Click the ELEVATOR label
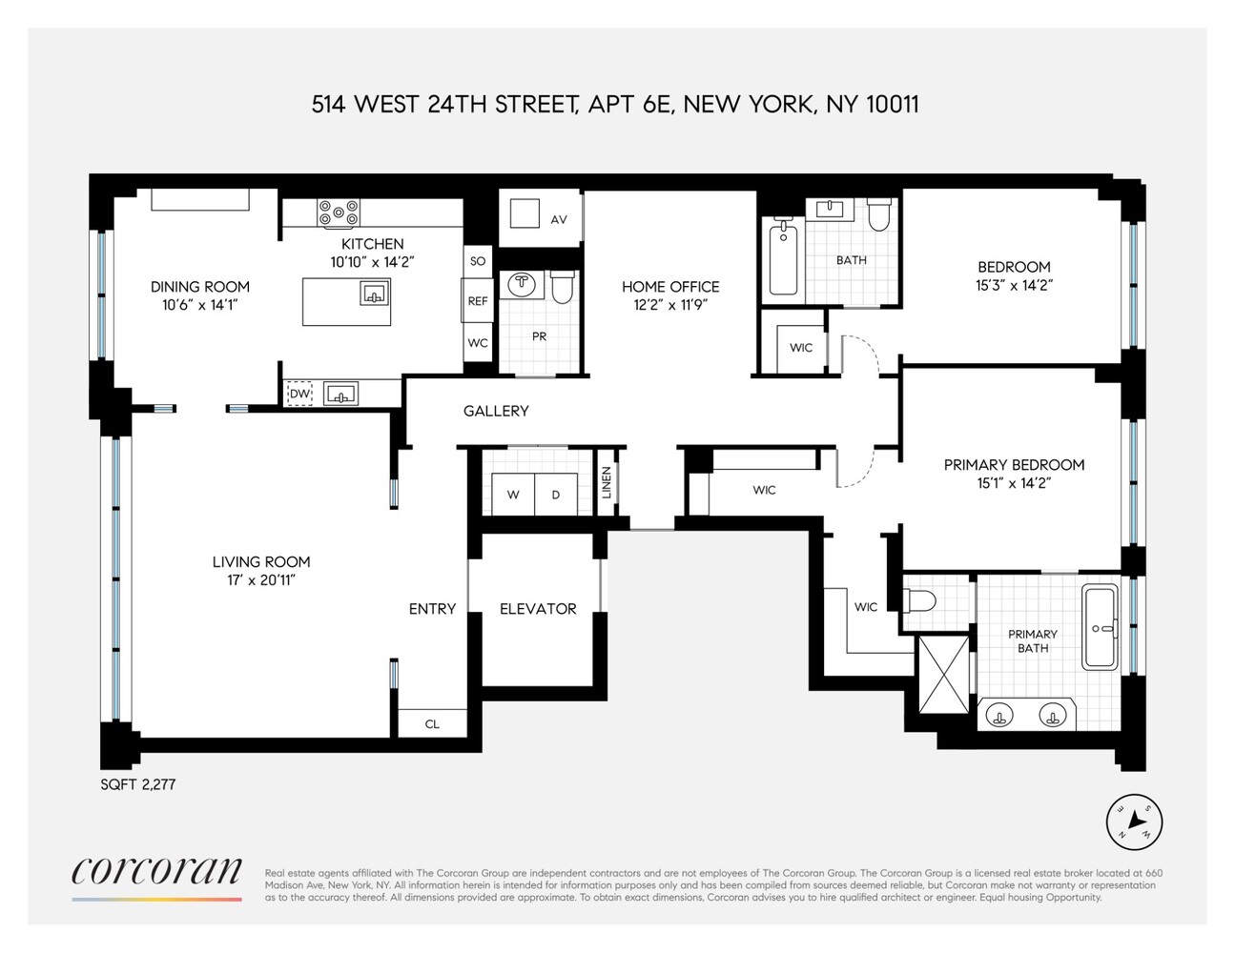[x=538, y=609]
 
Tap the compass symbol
[x=1135, y=821]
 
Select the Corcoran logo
[x=156, y=872]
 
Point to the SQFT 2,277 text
[x=138, y=784]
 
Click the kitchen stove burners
[x=340, y=211]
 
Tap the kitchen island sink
[x=374, y=294]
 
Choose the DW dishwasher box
[x=299, y=394]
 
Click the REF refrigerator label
[x=478, y=301]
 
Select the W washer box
[x=513, y=495]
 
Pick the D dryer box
[x=555, y=495]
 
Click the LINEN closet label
[x=607, y=482]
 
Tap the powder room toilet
[x=563, y=287]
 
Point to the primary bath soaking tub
[x=1102, y=627]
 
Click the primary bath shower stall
[x=942, y=674]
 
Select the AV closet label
[x=559, y=219]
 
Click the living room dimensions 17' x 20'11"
[x=261, y=579]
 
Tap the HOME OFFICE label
[x=670, y=286]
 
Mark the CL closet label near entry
[x=432, y=724]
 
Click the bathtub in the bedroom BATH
[x=783, y=257]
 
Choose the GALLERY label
[x=496, y=411]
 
